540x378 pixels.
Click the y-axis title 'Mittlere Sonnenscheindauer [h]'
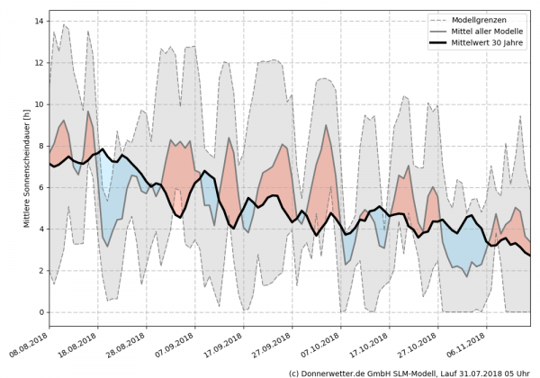[x=24, y=166]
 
